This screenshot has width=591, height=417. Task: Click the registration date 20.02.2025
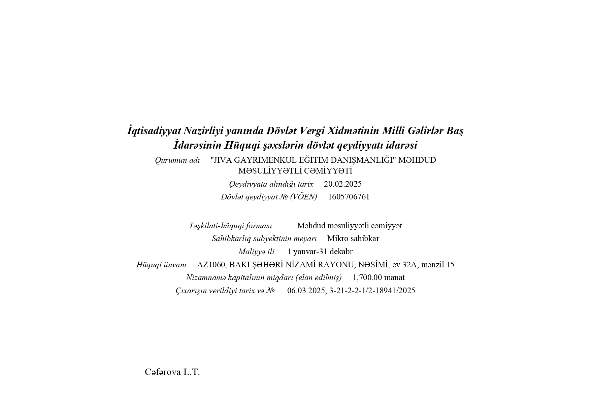tap(342, 184)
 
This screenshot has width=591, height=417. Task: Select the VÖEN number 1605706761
tap(349, 197)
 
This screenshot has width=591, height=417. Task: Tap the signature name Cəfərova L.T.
tap(172, 372)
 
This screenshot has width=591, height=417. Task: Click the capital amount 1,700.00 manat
tap(379, 277)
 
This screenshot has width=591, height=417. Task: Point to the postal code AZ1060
tap(211, 265)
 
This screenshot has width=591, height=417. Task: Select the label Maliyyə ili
tap(256, 252)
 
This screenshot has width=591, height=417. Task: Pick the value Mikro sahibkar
tap(353, 238)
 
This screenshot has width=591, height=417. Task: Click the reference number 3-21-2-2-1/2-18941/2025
tap(372, 291)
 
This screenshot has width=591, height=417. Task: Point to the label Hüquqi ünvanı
tap(161, 265)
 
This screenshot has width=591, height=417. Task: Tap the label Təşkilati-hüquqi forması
tap(230, 226)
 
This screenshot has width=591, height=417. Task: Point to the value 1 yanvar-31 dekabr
tap(320, 252)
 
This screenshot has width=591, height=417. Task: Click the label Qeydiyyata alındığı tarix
tap(271, 184)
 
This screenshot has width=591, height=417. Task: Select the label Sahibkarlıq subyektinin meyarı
tap(264, 238)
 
